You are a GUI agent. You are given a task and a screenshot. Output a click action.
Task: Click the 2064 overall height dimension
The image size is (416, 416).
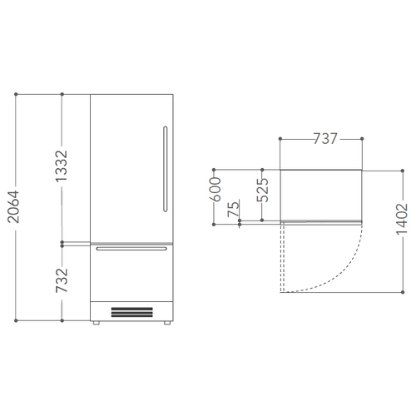click(13, 206)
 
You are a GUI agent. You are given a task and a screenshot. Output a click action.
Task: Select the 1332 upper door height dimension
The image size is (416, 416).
click(62, 166)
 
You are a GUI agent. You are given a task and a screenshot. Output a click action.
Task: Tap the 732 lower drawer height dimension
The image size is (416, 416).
click(62, 280)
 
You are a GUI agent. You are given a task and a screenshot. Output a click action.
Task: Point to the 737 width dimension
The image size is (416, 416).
click(325, 139)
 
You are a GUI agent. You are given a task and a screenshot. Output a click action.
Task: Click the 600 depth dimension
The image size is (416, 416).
click(215, 189)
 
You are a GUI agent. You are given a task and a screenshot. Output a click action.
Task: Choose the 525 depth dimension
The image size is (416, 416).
click(262, 190)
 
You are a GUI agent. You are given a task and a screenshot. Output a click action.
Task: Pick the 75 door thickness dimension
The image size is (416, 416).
click(233, 209)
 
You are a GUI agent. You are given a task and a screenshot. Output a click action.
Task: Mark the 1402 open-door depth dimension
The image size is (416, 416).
click(402, 219)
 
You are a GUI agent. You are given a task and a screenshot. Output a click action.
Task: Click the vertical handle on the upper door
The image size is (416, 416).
click(166, 169)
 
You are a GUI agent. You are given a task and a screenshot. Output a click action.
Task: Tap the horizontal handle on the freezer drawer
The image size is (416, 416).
click(131, 249)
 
